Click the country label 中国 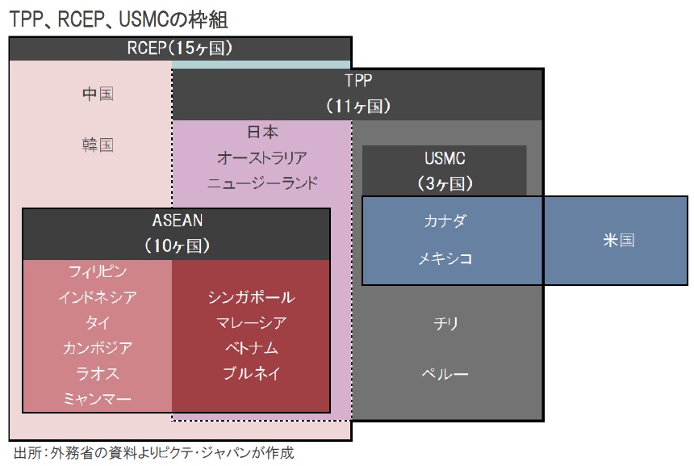click(98, 94)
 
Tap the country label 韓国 click(98, 145)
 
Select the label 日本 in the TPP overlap click(262, 132)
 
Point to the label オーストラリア click(262, 157)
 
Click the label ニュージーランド click(262, 183)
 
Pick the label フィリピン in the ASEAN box click(98, 271)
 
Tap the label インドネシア click(98, 296)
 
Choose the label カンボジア click(98, 348)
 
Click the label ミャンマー click(98, 399)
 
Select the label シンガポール click(252, 296)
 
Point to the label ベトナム click(252, 348)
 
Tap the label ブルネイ click(252, 373)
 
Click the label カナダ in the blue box click(445, 220)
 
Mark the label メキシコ click(445, 258)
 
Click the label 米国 click(618, 240)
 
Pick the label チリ click(445, 323)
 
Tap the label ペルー click(445, 374)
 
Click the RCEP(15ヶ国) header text click(180, 48)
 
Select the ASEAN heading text click(177, 220)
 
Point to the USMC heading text click(445, 158)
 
